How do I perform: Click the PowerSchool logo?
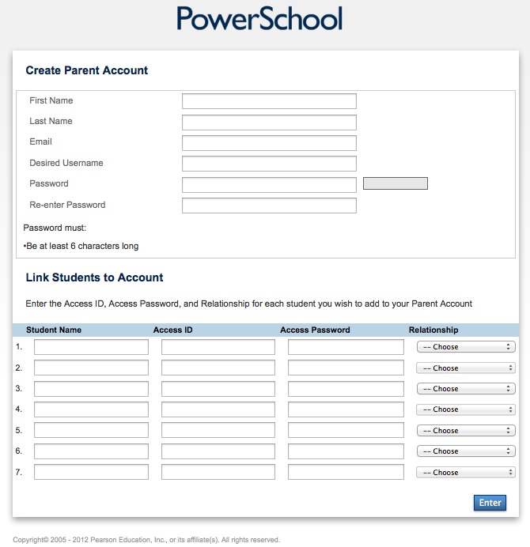[x=259, y=18]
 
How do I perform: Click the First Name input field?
[x=269, y=101]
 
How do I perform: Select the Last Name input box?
[x=269, y=123]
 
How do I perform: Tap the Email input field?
[x=269, y=143]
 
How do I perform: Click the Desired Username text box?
[x=269, y=164]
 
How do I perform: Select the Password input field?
[x=269, y=185]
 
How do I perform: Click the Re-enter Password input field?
[x=269, y=206]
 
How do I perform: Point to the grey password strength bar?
[x=395, y=183]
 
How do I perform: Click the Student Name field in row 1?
[x=91, y=347]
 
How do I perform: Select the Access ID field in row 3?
[x=218, y=389]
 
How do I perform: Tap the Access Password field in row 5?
[x=345, y=430]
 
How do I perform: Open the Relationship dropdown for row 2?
[x=466, y=368]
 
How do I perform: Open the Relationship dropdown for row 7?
[x=466, y=473]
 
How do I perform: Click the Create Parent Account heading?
[x=87, y=70]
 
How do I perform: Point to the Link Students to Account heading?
[x=94, y=277]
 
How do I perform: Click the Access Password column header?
[x=315, y=330]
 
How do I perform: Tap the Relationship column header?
[x=433, y=330]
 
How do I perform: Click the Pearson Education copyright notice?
[x=146, y=540]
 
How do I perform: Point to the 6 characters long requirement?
[x=82, y=246]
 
